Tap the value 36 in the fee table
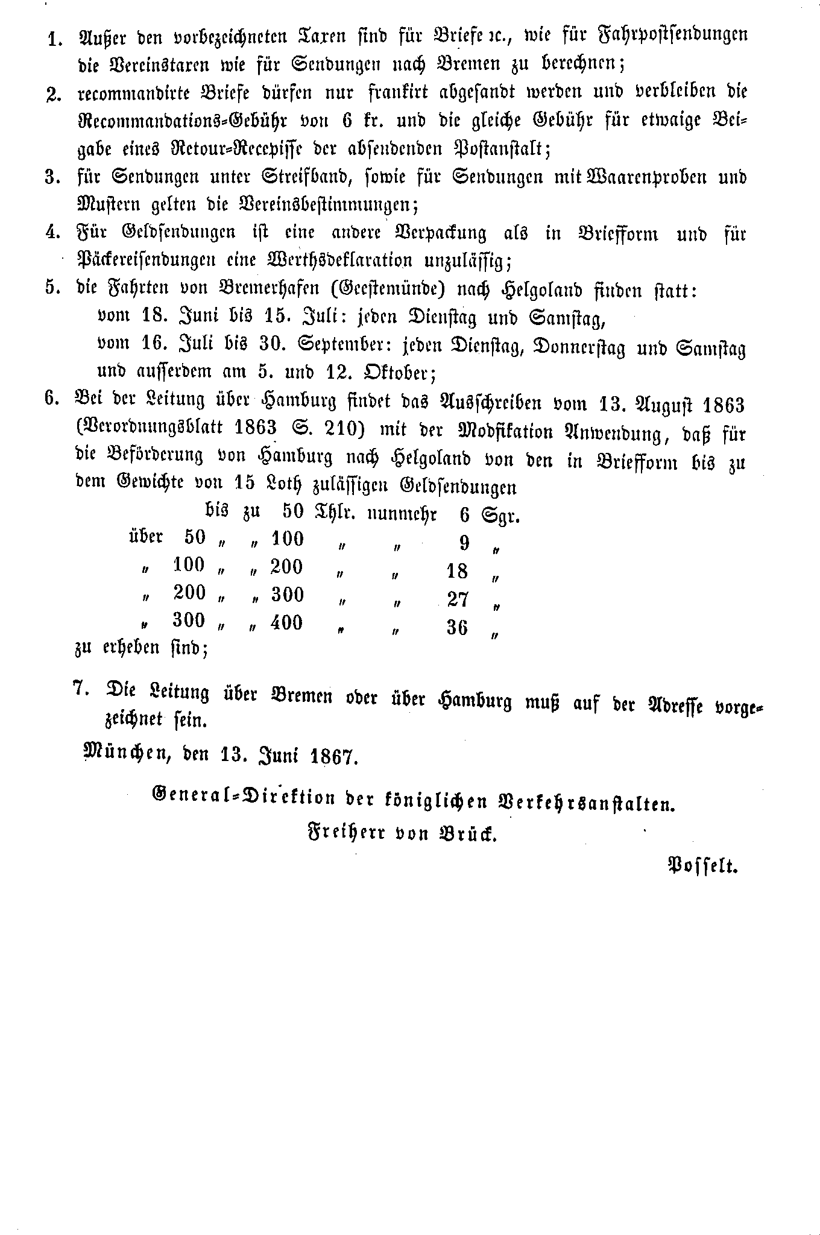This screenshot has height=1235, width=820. click(x=457, y=628)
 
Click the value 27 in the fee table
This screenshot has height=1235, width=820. click(x=458, y=599)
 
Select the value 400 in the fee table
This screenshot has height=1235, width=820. click(x=286, y=622)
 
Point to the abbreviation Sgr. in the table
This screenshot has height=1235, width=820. click(x=500, y=516)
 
